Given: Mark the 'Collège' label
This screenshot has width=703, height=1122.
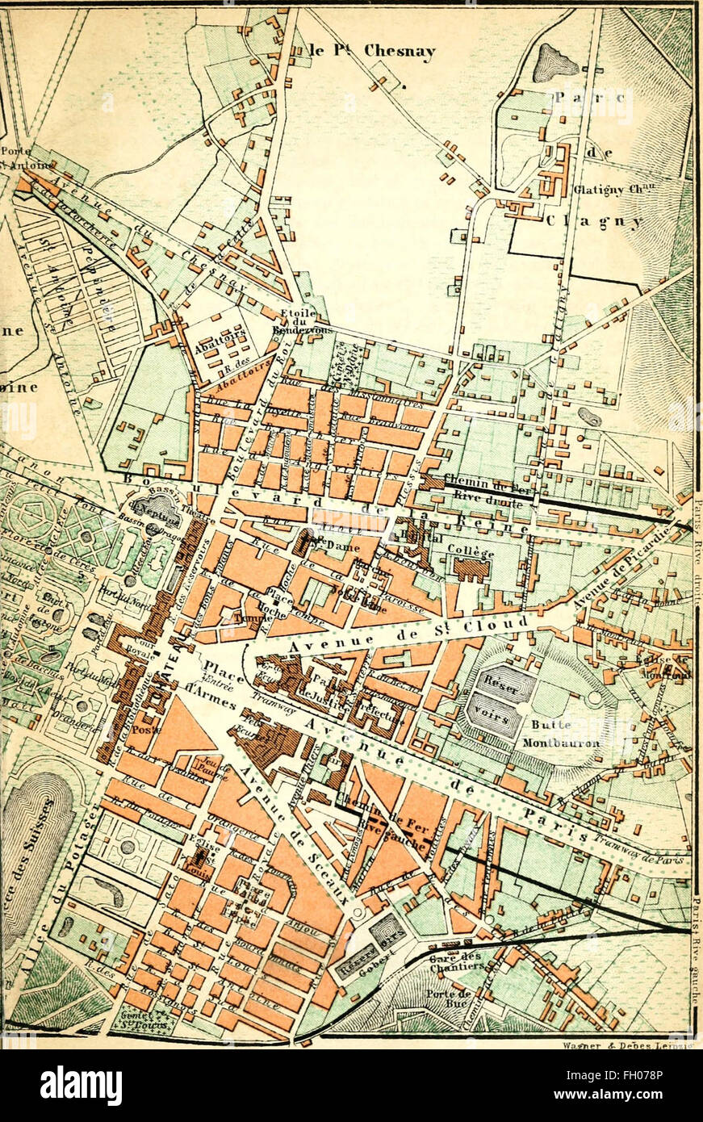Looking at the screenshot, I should pos(470,553).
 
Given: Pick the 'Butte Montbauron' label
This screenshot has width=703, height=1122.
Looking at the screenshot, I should pos(560,734).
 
